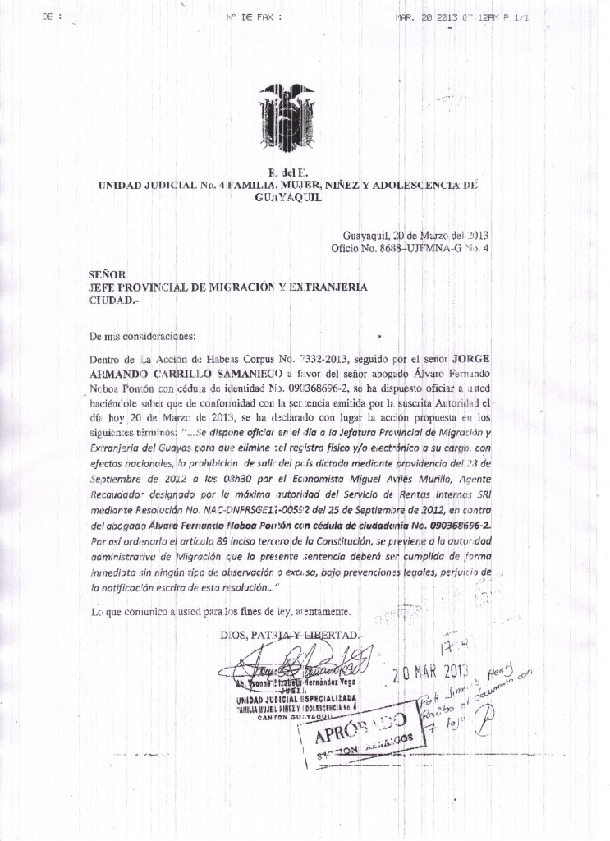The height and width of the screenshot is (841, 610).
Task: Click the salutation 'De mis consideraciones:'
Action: (143, 336)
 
